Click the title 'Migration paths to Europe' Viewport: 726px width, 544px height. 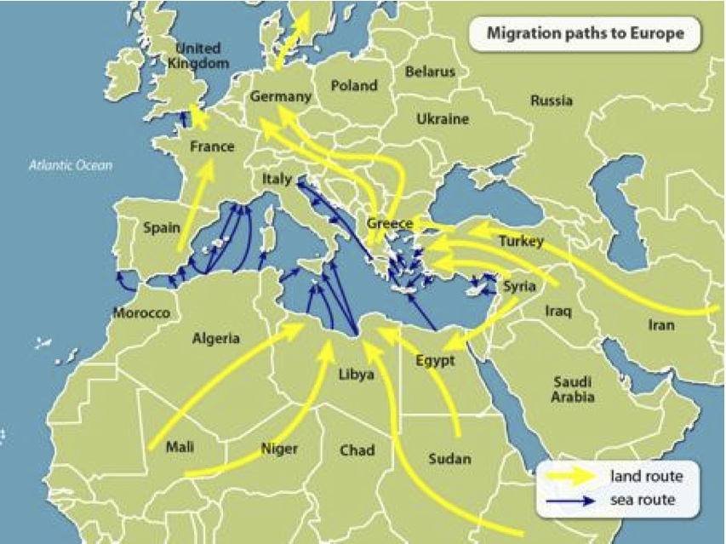point(585,34)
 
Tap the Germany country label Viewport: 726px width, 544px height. point(281,97)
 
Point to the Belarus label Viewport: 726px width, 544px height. point(430,72)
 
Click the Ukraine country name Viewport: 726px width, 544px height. point(443,119)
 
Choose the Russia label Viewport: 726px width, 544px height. point(552,100)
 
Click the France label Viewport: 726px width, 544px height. point(212,146)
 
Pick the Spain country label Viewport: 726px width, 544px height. point(161,227)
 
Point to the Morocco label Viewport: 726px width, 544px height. point(141,313)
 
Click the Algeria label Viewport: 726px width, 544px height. point(215,338)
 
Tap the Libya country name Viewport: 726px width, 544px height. point(356,374)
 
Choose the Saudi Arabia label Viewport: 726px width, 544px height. point(572,389)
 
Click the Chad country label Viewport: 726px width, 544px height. point(357,450)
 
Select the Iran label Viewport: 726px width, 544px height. point(660,325)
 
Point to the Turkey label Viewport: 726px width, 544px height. point(521,241)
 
